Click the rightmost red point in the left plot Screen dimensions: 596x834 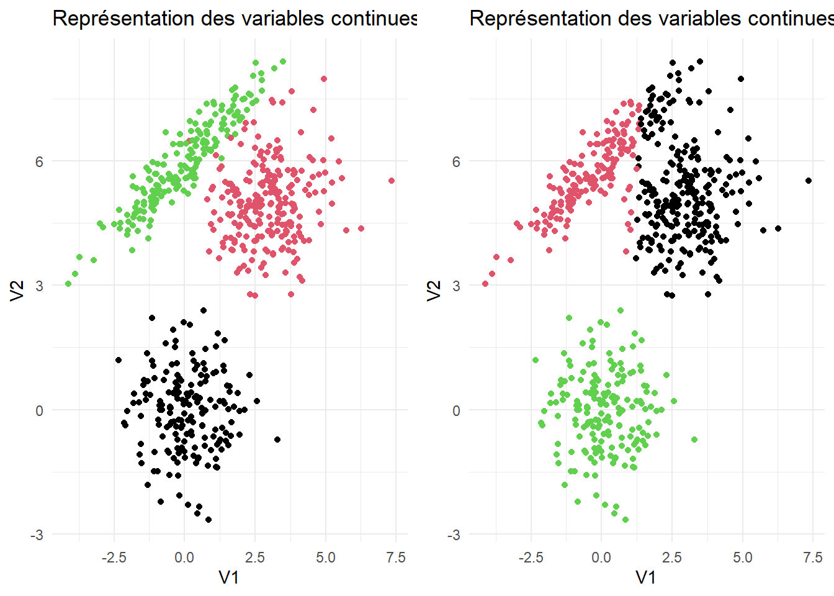[392, 181]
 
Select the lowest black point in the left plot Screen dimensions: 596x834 [208, 520]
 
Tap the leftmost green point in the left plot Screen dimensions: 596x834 [68, 284]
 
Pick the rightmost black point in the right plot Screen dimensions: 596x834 [809, 181]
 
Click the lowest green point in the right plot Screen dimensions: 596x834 [625, 520]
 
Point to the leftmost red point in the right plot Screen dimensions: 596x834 [485, 284]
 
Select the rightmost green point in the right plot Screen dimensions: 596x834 [694, 440]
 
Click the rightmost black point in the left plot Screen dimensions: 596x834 [277, 440]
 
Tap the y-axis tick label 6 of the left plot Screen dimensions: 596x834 [40, 161]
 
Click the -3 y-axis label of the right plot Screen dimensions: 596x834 [454, 535]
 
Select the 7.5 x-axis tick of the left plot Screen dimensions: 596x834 [396, 558]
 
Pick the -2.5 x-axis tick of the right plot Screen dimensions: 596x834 [531, 558]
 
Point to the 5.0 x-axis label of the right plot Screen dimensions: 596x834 [742, 558]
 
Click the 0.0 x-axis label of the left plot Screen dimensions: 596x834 [184, 558]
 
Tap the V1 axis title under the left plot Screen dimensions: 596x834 [229, 578]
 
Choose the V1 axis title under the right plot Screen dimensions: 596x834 [646, 578]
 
